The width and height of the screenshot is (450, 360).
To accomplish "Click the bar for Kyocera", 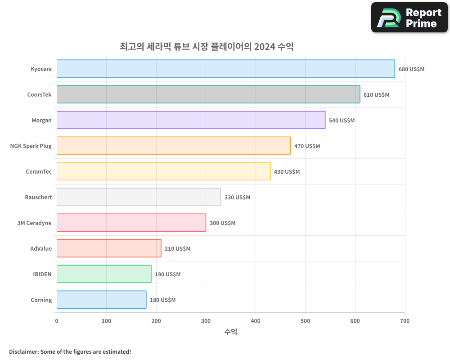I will tap(225, 69).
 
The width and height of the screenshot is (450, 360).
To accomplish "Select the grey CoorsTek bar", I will tap(208, 94).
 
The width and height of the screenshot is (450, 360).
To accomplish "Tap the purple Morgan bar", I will tap(191, 120).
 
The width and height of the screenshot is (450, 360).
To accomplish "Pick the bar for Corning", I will tap(101, 300).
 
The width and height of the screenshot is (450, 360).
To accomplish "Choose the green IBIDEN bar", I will tap(104, 274).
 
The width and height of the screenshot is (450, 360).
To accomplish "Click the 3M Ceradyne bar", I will tap(131, 223).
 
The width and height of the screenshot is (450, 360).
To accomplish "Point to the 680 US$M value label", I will tap(411, 69).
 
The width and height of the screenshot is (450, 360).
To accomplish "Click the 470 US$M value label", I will tap(307, 146).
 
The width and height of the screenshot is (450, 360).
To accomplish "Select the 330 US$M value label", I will tap(237, 198).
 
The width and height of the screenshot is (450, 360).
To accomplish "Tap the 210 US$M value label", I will tap(177, 249).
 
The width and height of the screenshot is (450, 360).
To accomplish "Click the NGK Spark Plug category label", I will tap(31, 146).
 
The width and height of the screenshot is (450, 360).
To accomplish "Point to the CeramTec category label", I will tap(39, 172).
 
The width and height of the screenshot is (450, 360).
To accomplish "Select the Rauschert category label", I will tap(38, 198).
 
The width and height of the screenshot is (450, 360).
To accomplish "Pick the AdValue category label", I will tap(41, 249).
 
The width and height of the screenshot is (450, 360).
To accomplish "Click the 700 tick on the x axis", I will tap(405, 321).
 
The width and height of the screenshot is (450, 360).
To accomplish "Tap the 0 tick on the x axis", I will tap(57, 321).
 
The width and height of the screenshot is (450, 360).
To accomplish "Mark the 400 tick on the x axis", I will tap(256, 321).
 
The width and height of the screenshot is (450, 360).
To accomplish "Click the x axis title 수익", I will tap(230, 332).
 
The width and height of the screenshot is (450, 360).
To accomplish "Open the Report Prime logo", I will tap(409, 18).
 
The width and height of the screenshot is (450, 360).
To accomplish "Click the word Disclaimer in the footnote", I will tap(23, 351).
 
